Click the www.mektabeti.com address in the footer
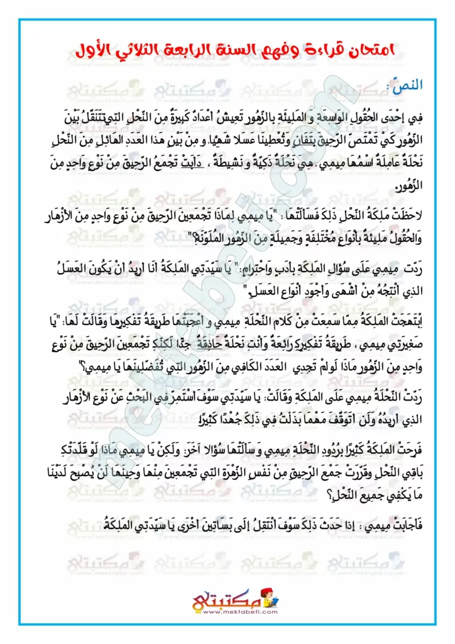230,608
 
